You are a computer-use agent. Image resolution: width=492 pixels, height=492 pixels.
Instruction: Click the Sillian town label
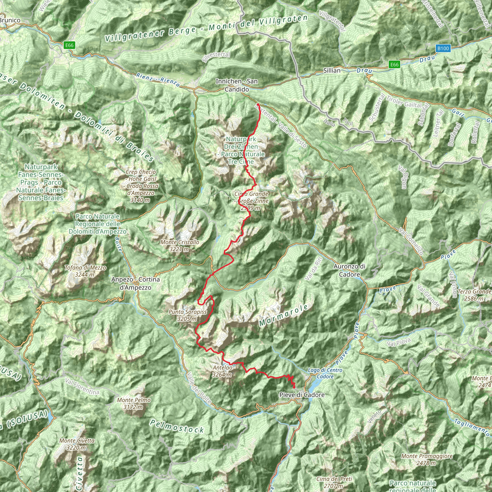(x=332, y=71)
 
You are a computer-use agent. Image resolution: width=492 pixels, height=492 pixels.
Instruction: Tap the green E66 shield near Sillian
(x=394, y=65)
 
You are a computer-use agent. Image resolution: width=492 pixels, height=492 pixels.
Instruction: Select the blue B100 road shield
(x=443, y=48)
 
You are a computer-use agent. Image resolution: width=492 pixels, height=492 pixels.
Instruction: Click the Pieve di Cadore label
(x=302, y=395)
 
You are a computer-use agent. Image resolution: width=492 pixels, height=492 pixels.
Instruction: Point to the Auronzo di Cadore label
(x=349, y=271)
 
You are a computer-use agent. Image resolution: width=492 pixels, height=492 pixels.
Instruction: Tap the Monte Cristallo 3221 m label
(x=179, y=246)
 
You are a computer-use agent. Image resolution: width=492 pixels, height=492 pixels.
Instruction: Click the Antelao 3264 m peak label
(x=222, y=371)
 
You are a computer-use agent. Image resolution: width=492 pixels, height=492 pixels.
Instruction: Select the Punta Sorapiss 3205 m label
(x=187, y=315)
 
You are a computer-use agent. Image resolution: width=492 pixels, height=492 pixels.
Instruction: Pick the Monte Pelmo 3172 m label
(x=134, y=403)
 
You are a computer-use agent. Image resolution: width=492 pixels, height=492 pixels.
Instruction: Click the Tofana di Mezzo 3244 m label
(x=85, y=271)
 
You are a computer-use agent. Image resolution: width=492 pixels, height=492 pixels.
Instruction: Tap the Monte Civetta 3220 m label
(x=77, y=444)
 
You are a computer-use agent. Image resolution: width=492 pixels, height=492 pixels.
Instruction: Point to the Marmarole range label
(x=283, y=315)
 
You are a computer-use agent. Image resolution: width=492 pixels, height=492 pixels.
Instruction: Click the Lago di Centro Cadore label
(x=325, y=373)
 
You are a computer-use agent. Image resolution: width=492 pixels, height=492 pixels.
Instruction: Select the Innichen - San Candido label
(x=237, y=85)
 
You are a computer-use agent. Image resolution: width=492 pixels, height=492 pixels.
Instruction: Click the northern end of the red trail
(x=258, y=105)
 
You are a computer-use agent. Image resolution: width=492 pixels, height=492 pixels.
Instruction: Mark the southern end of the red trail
(x=294, y=387)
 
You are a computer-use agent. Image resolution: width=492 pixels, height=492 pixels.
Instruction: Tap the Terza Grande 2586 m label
(x=474, y=295)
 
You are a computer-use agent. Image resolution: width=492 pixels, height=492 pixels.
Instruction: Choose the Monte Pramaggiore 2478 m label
(x=427, y=459)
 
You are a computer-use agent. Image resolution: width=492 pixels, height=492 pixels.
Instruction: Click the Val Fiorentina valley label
(x=82, y=387)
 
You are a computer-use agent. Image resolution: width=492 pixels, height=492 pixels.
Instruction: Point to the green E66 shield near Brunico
(x=69, y=45)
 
